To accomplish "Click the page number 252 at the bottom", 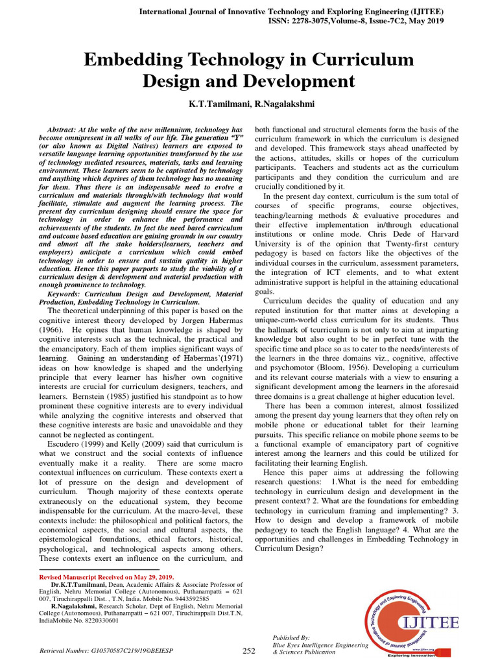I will point(249,650).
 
